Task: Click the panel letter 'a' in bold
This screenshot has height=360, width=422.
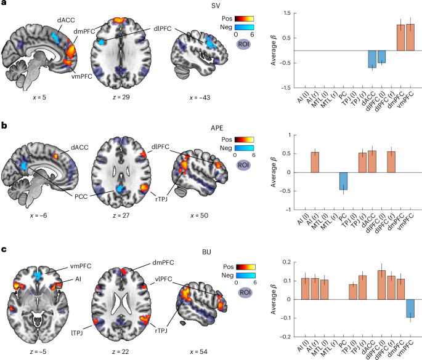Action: click(x=4, y=5)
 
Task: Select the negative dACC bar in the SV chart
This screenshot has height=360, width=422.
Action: click(x=371, y=59)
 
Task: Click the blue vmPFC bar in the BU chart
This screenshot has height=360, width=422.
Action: click(x=410, y=308)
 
